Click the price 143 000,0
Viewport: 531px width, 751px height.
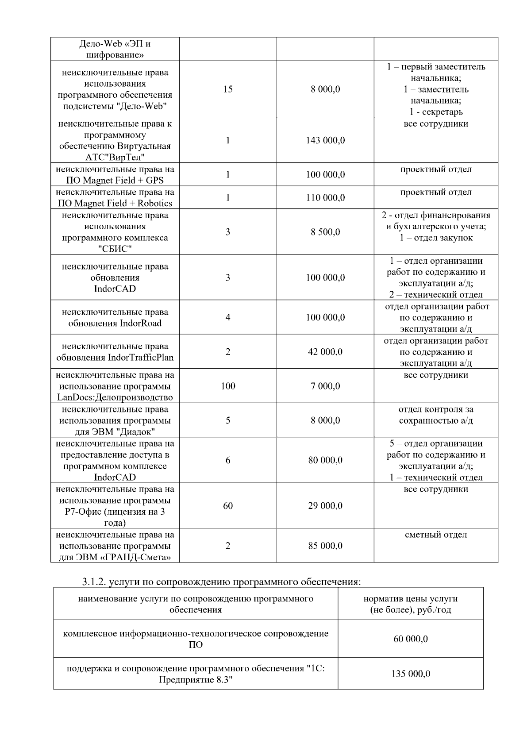coord(325,140)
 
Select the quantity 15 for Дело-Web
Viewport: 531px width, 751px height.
coord(228,89)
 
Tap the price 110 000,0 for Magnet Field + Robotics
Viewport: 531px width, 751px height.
coord(325,197)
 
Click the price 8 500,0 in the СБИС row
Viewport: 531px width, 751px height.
coord(325,232)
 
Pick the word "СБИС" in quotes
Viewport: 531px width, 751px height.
coord(115,249)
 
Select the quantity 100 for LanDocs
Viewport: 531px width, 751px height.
coord(228,386)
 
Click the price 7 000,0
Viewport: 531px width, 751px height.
coord(325,386)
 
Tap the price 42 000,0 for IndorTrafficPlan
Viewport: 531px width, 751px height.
coord(325,352)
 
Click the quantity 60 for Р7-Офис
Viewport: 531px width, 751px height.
coord(228,506)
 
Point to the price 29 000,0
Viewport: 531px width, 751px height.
coord(325,506)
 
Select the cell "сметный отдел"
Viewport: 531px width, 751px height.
coord(436,535)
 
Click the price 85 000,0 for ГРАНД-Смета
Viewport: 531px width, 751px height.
coord(325,546)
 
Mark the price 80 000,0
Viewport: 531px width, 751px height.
coord(325,460)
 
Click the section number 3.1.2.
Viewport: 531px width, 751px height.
coord(94,582)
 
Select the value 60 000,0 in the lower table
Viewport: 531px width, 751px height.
coord(411,639)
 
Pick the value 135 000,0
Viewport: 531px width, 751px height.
coord(411,674)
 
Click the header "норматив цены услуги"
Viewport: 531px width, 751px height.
coord(411,599)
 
